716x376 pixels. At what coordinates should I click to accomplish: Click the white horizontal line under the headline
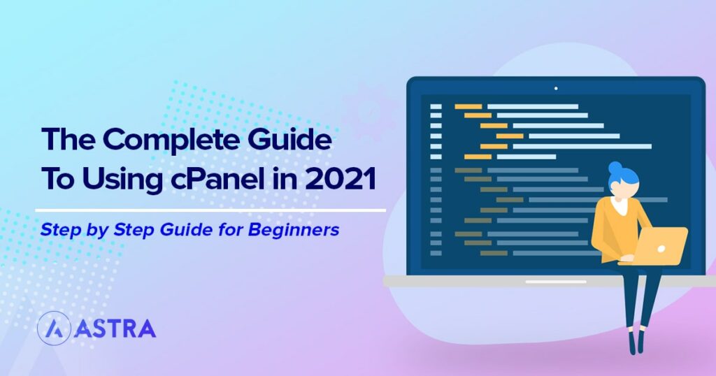[x=210, y=209]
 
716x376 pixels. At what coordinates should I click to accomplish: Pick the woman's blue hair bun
[x=615, y=168]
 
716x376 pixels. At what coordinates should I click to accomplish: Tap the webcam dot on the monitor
[x=556, y=88]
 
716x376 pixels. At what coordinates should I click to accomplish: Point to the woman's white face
[x=622, y=187]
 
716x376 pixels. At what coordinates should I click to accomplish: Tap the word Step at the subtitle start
[x=59, y=229]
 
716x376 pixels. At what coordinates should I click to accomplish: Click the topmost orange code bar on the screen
[x=468, y=107]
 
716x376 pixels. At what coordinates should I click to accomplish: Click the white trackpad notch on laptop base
[x=556, y=281]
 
